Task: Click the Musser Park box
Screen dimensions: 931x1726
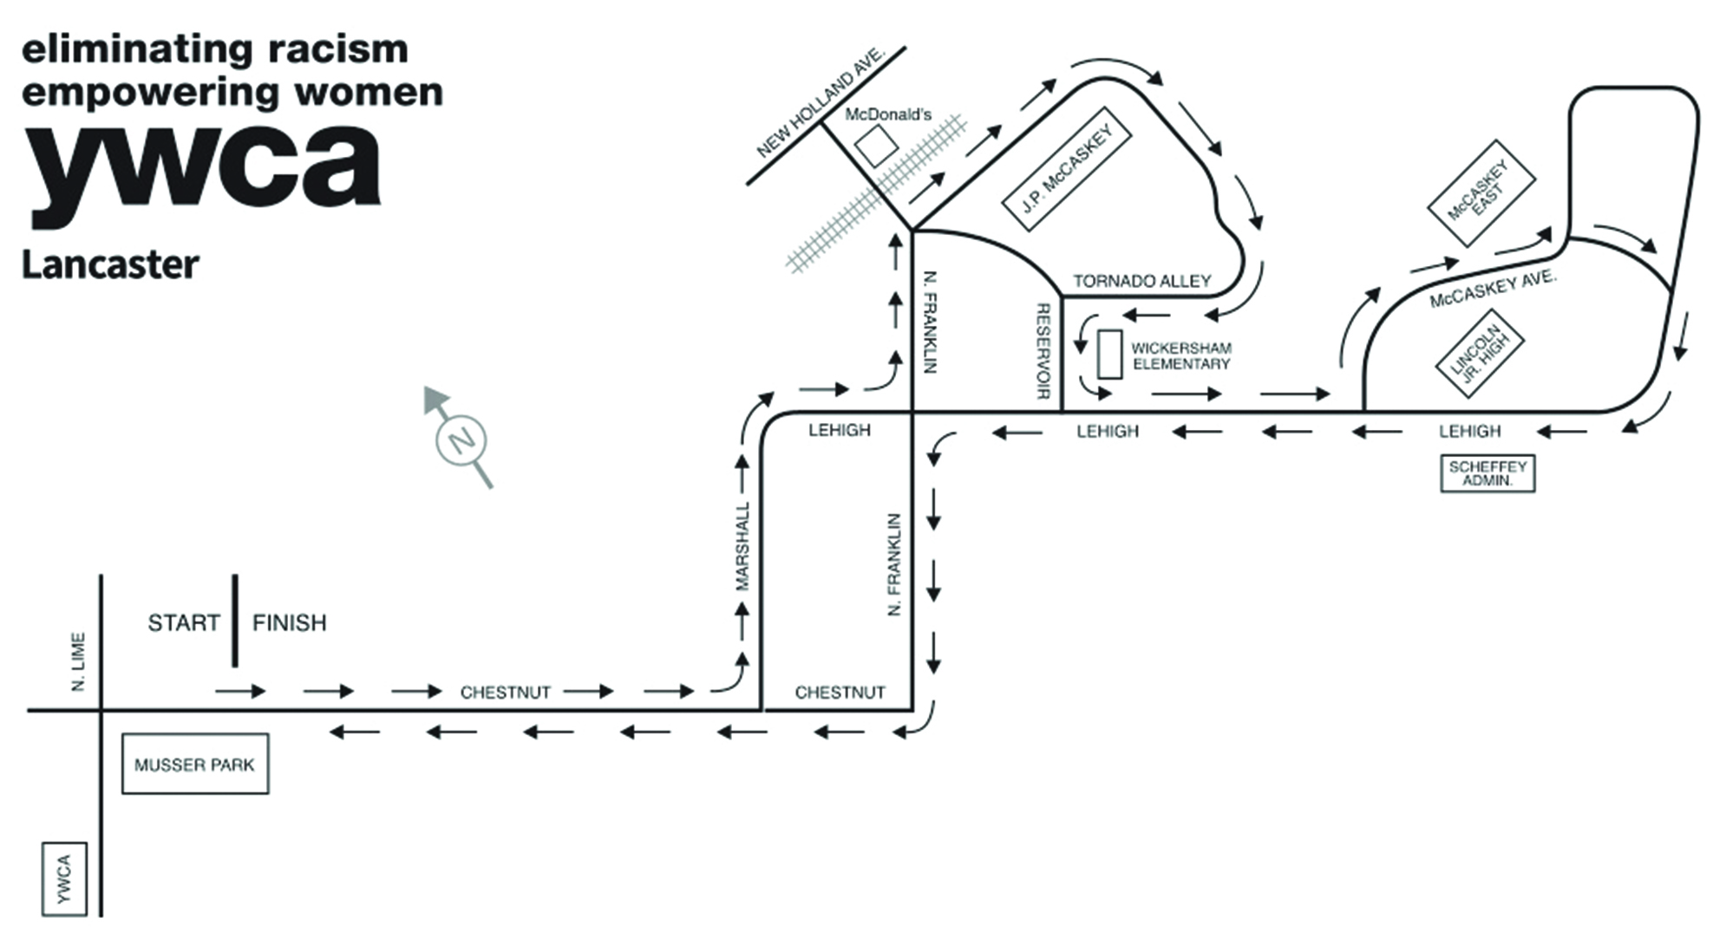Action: coord(194,764)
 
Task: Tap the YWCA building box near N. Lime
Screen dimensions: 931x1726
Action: coord(64,878)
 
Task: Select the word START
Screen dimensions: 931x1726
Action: coord(183,622)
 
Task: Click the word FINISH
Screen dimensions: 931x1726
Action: coord(289,622)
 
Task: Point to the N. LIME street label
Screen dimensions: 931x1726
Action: coord(79,662)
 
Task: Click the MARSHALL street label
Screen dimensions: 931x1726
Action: coord(742,546)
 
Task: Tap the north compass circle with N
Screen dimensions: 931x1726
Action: coord(461,441)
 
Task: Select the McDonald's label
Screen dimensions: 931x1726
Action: coord(887,114)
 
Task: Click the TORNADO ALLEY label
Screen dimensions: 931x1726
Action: coord(1141,281)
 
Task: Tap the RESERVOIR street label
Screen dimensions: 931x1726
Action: coord(1043,350)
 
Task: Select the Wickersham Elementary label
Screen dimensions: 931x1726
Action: coord(1180,355)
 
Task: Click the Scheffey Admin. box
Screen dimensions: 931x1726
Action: coord(1487,473)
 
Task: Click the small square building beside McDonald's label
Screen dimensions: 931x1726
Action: coord(876,146)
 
